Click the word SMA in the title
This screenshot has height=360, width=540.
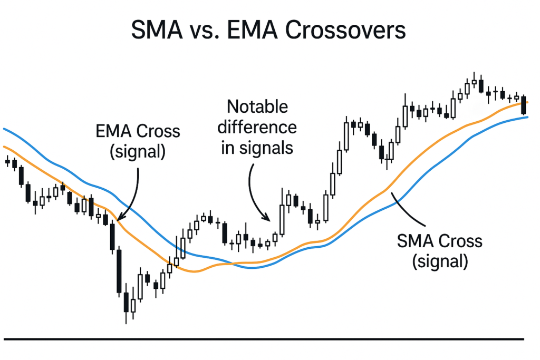pos(157,30)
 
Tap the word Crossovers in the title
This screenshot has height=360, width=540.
pos(345,30)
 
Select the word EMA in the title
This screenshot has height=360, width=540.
pos(252,30)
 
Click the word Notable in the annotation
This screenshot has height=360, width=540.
pos(257,106)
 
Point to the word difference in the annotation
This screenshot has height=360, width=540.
pos(257,128)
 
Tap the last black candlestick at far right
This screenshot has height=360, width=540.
pos(524,105)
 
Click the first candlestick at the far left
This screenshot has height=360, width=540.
pos(7,161)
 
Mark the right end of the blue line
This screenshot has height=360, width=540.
pos(527,118)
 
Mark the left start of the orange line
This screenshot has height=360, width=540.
pos(4,147)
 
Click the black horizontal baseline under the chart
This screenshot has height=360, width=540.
pos(264,339)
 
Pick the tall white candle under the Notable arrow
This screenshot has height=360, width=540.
pos(282,220)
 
